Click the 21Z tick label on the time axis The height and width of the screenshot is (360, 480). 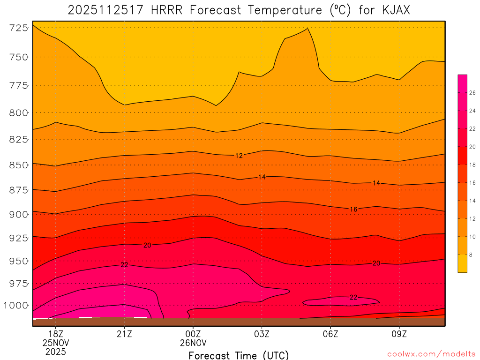coord(124,334)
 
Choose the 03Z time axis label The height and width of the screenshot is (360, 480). coord(262,334)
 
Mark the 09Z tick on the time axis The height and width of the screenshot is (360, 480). coord(399,334)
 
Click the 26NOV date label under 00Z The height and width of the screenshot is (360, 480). coord(193,343)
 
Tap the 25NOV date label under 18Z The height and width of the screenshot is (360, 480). coord(56,343)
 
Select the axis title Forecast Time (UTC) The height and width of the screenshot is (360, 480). coord(239,355)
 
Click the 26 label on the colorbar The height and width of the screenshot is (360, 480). coord(472,93)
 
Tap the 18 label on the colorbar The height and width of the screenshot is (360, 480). coord(472,165)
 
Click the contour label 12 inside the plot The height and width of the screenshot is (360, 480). coord(239,156)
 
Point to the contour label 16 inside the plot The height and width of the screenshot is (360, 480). coord(353,209)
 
